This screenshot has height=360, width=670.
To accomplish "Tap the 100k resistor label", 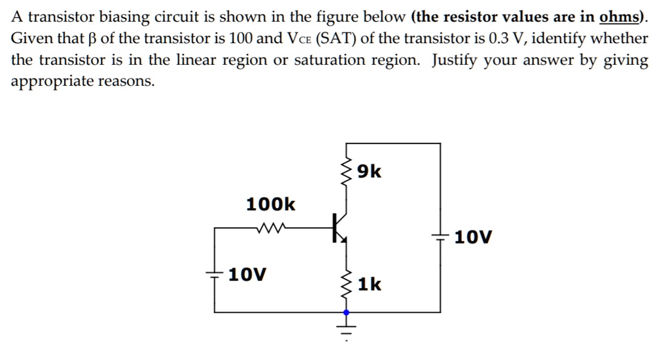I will click(x=270, y=204).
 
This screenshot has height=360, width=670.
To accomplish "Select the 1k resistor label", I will click(x=370, y=284).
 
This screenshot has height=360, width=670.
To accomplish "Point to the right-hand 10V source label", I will click(x=472, y=236).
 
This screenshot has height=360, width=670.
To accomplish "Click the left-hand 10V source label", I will click(x=247, y=274).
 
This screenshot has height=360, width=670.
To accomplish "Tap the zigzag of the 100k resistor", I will click(x=270, y=228).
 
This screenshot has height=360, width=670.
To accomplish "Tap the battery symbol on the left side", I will click(x=215, y=274).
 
